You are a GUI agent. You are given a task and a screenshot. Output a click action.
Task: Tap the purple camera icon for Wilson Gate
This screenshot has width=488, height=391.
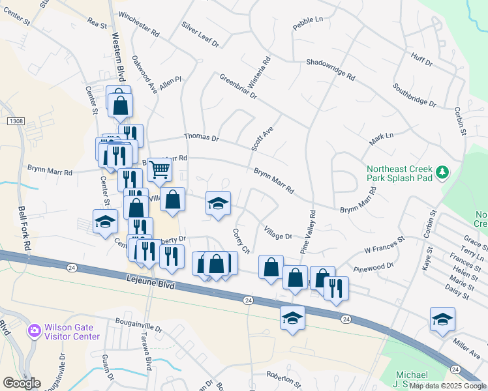pos(33,331)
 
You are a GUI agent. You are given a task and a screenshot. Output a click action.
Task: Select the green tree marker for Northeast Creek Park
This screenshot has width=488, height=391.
pos(444,172)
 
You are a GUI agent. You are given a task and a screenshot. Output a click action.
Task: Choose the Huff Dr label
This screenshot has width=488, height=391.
pos(421,59)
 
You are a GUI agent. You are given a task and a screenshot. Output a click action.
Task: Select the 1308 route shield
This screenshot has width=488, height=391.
pos(16,121)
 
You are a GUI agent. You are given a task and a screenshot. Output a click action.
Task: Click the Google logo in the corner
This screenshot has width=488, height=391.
pos(22,383)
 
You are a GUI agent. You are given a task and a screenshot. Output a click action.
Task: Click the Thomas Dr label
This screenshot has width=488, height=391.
pos(201,138)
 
